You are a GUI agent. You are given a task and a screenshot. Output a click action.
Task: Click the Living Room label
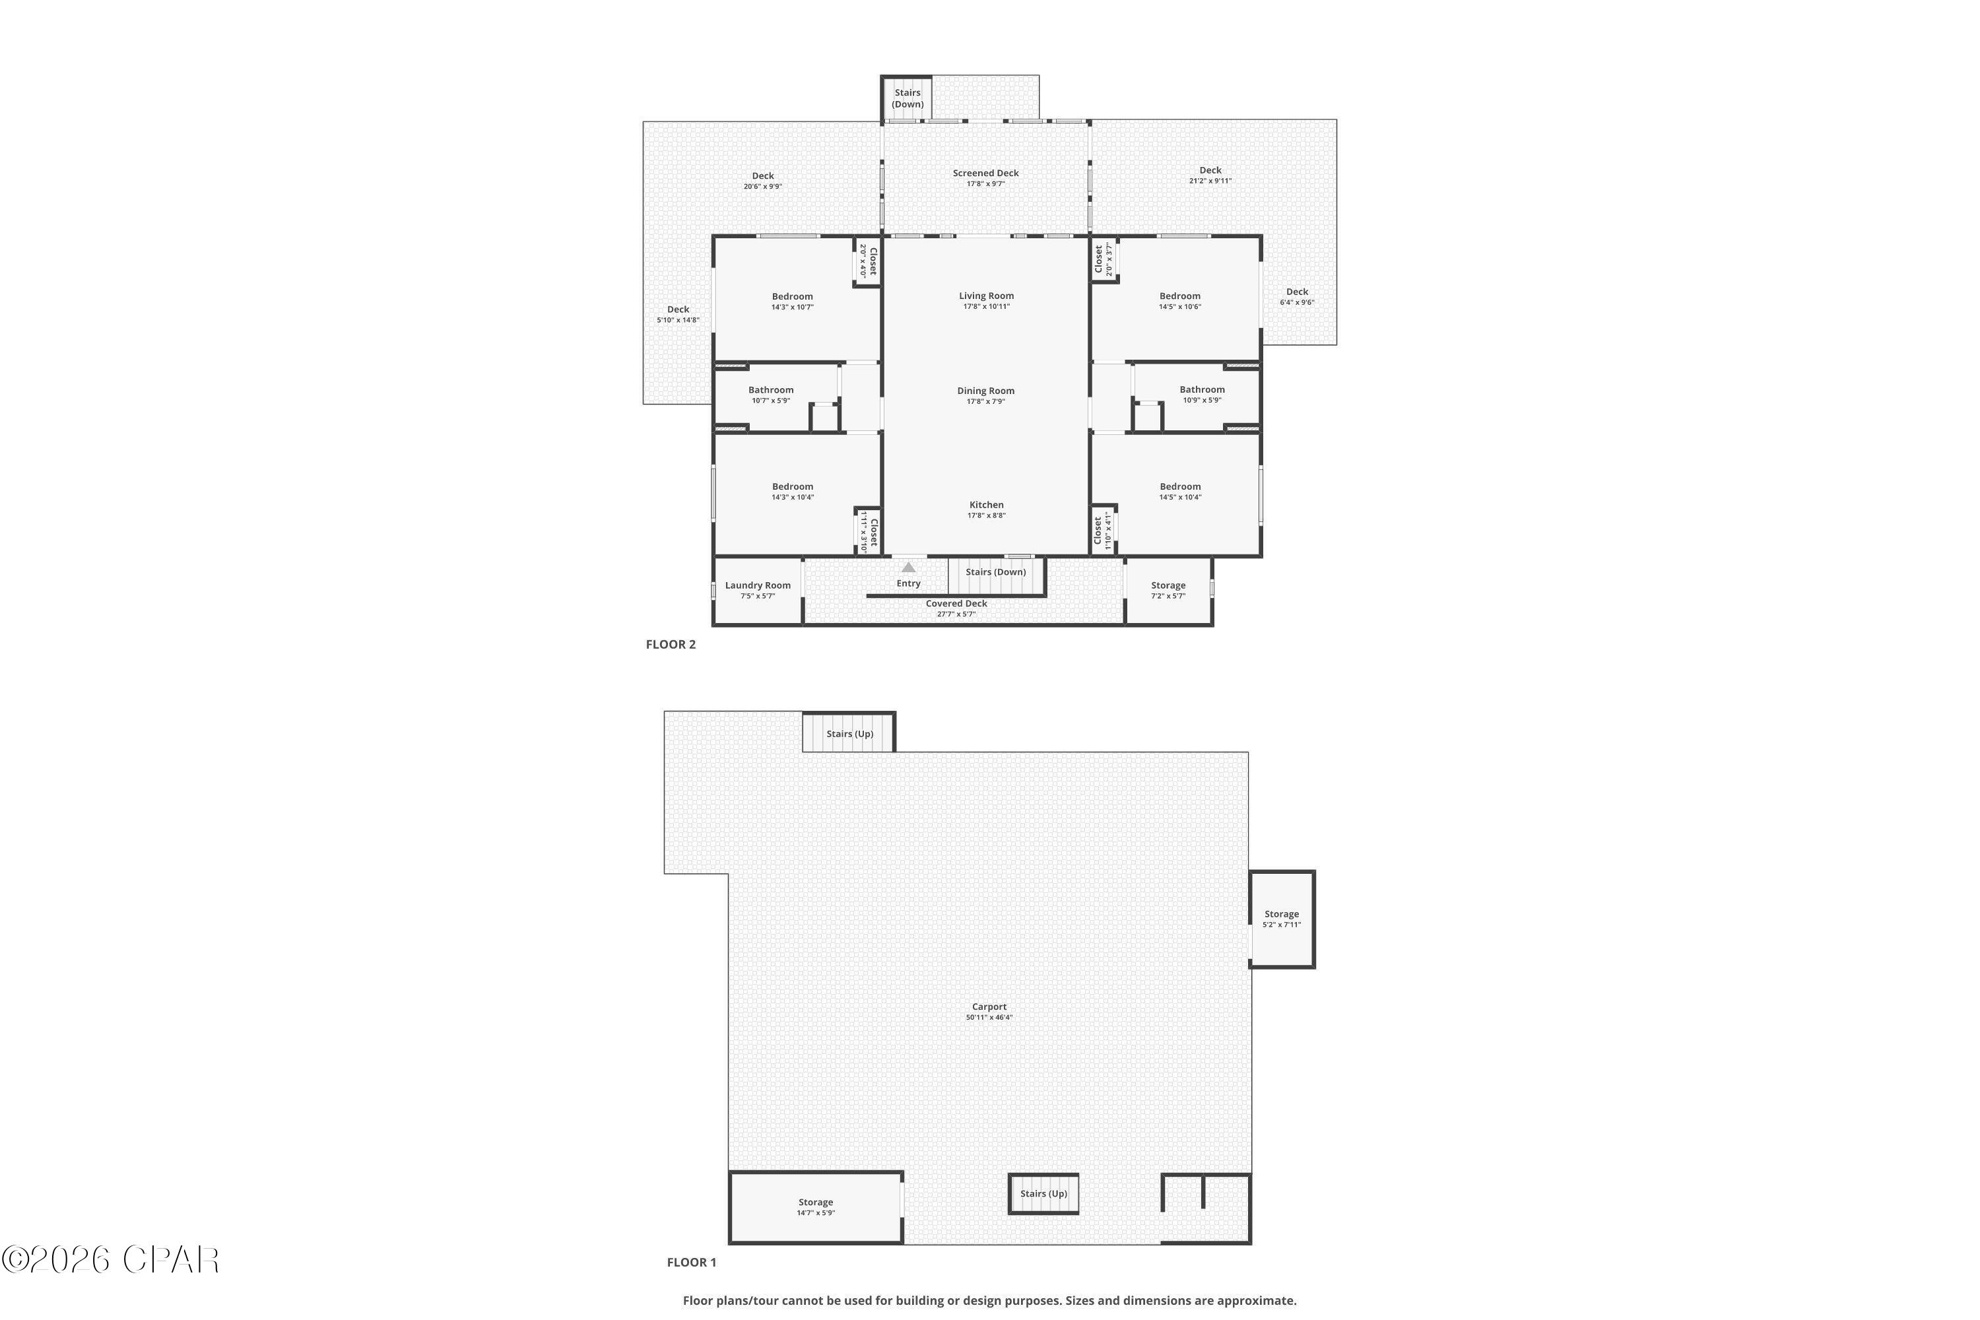click(x=986, y=296)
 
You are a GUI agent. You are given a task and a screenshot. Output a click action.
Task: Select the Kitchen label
click(x=986, y=505)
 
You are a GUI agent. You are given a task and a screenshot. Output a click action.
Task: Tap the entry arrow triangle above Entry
click(x=908, y=568)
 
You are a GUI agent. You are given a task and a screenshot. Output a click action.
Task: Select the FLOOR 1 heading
click(x=691, y=1262)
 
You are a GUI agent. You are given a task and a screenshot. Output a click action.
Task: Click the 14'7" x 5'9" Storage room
click(x=815, y=1207)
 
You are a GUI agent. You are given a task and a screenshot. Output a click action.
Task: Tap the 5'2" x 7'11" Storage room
click(x=1281, y=919)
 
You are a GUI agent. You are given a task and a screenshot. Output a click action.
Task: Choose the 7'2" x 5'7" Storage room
click(x=1168, y=590)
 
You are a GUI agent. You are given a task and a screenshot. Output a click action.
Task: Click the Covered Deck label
click(x=956, y=604)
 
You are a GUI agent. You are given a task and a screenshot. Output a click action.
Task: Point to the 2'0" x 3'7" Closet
click(x=1104, y=259)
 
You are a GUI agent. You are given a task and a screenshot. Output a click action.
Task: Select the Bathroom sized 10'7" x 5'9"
click(x=770, y=394)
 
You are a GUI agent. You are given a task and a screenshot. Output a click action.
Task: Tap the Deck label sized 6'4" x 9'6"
click(x=1296, y=296)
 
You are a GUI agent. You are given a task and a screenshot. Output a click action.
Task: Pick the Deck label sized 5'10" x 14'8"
click(x=678, y=314)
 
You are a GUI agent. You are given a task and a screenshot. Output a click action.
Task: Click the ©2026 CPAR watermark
click(x=110, y=1259)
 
